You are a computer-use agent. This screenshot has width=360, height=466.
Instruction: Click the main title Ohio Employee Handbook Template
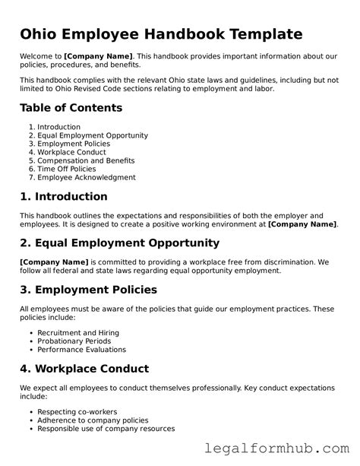[x=161, y=34]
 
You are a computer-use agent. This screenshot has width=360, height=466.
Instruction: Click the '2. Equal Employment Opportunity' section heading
[x=119, y=243]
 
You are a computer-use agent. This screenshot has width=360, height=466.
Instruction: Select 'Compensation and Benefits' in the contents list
[x=86, y=160]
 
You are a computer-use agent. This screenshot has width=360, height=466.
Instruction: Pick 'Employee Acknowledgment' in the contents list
[x=87, y=177]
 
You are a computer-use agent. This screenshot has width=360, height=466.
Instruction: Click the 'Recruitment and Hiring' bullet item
[x=78, y=333]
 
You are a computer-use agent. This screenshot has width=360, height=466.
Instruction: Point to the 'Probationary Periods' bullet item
[x=74, y=341]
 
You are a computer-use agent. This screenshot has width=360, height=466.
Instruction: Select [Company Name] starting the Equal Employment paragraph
[x=54, y=262]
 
